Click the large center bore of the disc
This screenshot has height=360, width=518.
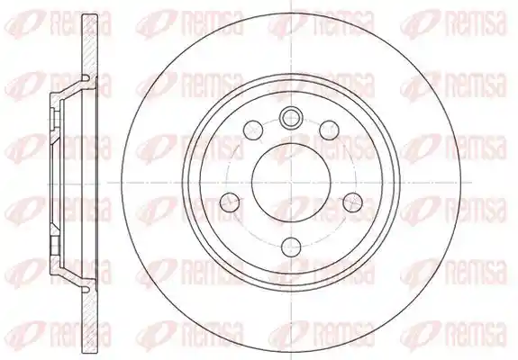[x=291, y=182]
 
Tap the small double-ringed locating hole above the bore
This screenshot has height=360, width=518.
[x=291, y=116]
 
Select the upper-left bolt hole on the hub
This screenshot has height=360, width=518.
[x=253, y=130]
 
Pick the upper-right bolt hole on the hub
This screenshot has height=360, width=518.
[x=330, y=130]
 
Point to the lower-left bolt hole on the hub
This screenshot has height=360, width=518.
[x=230, y=202]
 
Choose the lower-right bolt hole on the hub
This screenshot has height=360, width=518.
[x=352, y=202]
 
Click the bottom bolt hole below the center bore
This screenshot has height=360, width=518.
[x=291, y=247]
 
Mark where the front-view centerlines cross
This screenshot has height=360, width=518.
[x=291, y=182]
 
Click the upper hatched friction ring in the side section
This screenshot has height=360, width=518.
[x=90, y=45]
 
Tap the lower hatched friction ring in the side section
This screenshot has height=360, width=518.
[x=90, y=319]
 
